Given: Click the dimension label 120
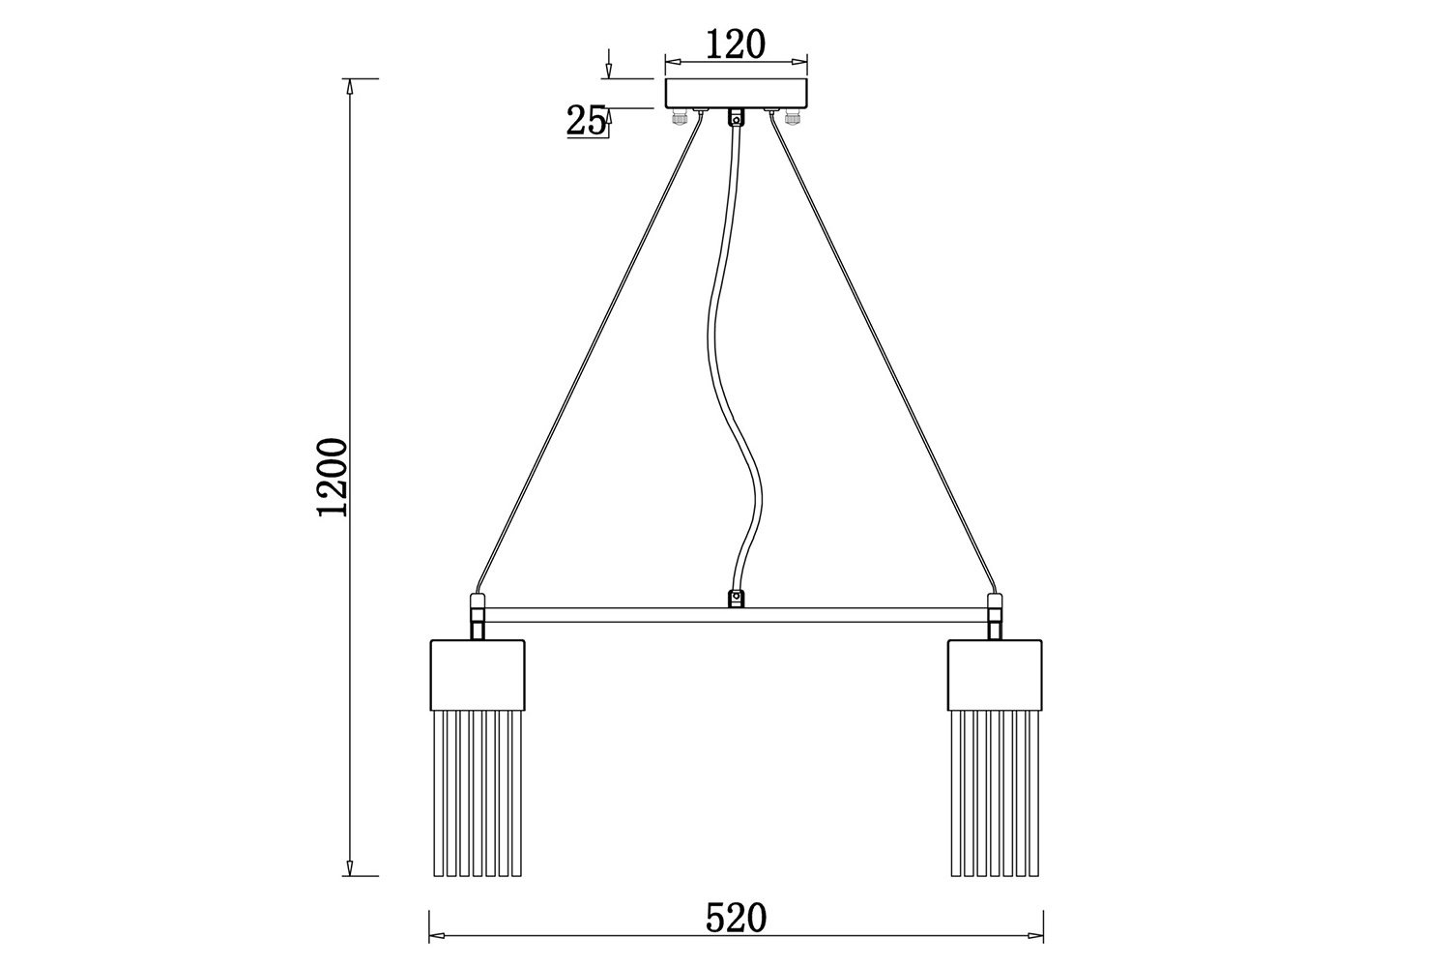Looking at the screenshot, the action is coord(736,44).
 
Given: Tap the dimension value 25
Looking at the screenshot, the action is coord(587,121).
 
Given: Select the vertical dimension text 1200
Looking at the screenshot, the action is coord(333,478).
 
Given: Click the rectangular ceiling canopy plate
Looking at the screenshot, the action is coord(737,93).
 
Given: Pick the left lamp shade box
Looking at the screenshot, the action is coord(478,675).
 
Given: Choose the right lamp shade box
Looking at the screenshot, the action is coord(995,675).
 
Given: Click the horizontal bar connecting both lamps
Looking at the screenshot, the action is coord(736,615).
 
